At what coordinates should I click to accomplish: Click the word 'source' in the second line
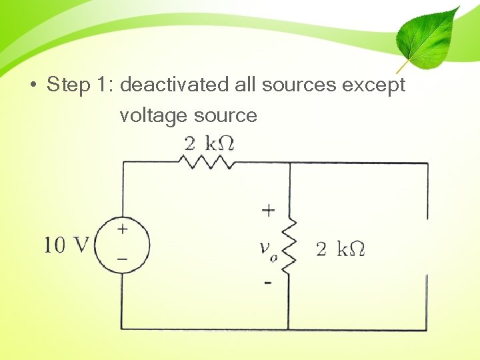tap(225, 116)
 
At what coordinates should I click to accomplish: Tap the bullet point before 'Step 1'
tap(33, 86)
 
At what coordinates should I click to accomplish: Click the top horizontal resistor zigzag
tap(207, 161)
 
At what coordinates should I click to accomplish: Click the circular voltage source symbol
tap(122, 245)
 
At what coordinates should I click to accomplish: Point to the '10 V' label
tap(66, 245)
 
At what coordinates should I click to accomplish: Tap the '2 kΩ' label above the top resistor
tap(209, 143)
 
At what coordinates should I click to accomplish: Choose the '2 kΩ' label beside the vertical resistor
tap(340, 249)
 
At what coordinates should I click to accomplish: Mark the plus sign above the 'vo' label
tap(268, 211)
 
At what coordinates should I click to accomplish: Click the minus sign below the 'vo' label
tap(268, 283)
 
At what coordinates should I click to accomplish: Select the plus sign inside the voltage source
tap(123, 229)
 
